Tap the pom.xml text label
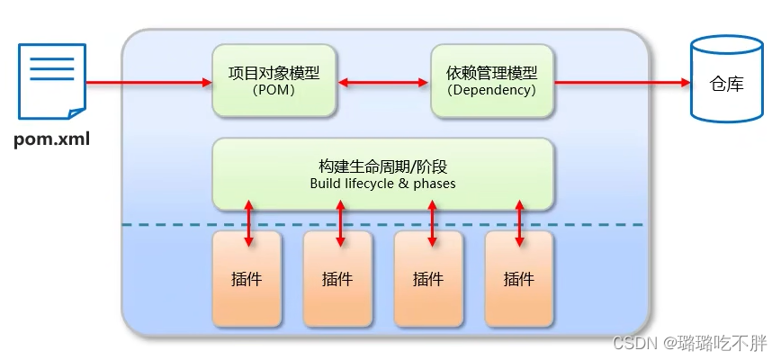coord(51,140)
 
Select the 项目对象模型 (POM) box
coord(274,80)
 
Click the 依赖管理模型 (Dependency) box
coord(491,80)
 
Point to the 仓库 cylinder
coord(727,83)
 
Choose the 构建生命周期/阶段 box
coord(383,174)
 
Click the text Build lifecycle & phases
coord(383,184)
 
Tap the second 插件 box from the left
coord(338,278)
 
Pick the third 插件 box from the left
coord(429,278)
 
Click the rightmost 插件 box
coord(519,278)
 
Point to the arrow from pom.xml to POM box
coord(148,84)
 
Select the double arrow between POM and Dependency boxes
coord(383,84)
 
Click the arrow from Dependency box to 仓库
coord(621,84)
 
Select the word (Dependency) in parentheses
coord(491,90)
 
